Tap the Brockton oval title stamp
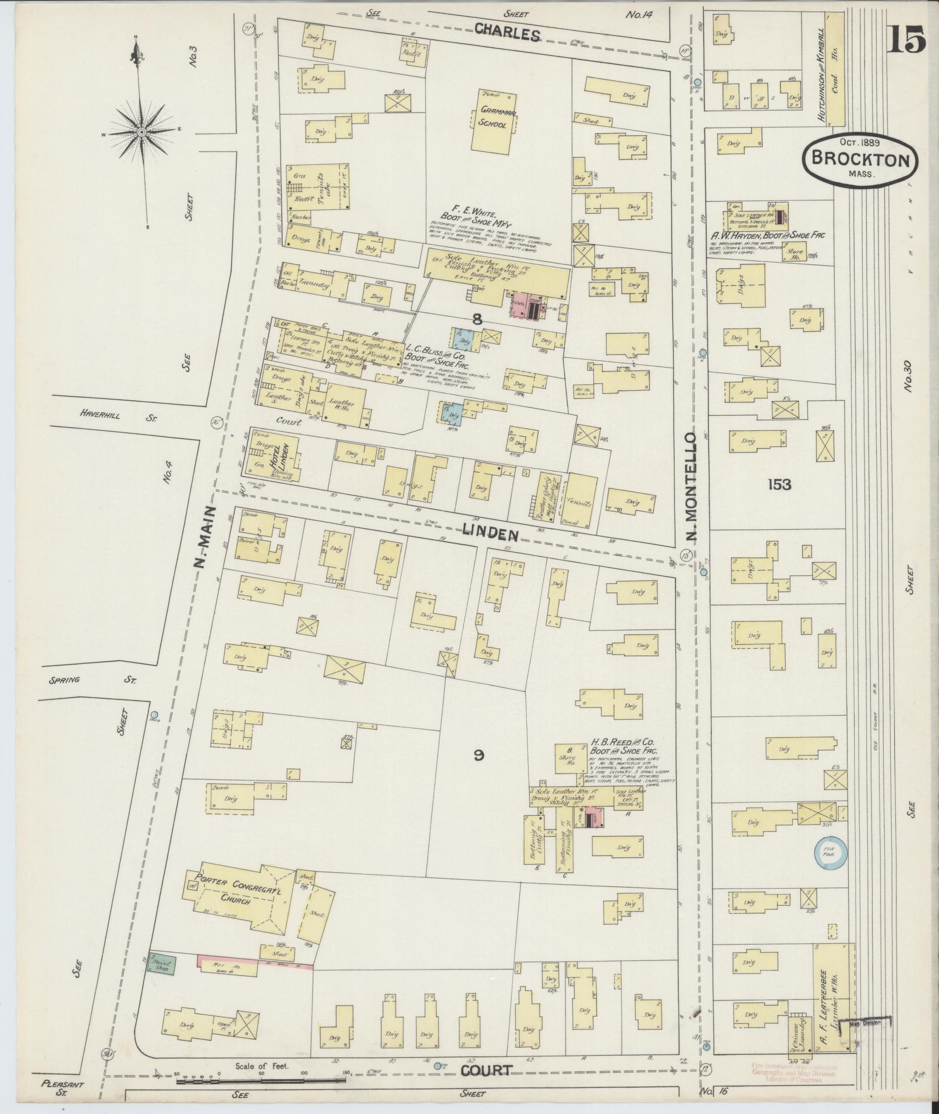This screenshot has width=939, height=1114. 860,159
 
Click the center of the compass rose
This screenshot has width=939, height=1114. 140,133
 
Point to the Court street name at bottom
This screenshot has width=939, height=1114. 488,1070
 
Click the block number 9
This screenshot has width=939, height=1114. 478,755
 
